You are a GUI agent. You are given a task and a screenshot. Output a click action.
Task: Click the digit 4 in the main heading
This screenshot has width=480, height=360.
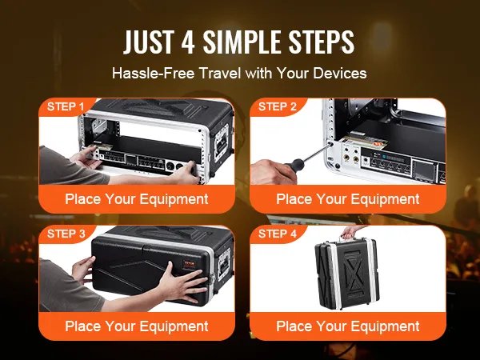[188, 42]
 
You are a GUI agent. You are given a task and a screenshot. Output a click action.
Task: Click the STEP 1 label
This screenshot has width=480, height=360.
[66, 106]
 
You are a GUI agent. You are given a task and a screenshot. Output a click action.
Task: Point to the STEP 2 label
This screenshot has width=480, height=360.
[278, 106]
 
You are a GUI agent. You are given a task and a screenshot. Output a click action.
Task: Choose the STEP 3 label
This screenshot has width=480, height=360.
[66, 234]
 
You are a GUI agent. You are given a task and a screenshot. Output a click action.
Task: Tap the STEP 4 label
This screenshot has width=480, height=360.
[278, 234]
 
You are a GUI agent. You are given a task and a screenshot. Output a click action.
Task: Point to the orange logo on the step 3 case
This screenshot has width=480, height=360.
[188, 264]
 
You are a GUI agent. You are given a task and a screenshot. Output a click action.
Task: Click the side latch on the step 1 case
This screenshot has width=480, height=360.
[222, 142]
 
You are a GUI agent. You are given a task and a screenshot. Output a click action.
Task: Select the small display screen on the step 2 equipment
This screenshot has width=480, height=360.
[424, 170]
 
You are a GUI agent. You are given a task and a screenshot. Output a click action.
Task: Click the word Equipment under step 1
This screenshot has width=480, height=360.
[172, 199]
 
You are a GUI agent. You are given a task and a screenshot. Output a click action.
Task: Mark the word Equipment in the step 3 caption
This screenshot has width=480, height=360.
[172, 326]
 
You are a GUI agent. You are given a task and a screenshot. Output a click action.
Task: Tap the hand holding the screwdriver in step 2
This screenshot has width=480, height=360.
[271, 171]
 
